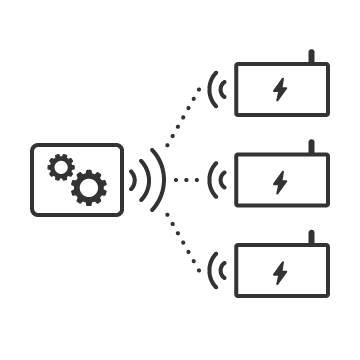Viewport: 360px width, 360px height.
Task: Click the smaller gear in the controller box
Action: (59, 167)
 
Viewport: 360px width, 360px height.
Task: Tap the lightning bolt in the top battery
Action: (279, 89)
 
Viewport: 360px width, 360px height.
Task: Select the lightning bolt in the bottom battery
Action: (279, 271)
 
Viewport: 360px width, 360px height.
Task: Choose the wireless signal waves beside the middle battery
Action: (215, 180)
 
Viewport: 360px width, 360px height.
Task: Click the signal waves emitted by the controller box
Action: (146, 180)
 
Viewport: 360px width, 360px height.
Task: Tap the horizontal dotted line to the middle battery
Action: (186, 180)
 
